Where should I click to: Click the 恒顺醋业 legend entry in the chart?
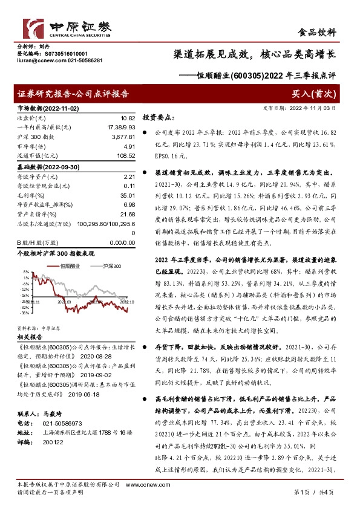[70, 265]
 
